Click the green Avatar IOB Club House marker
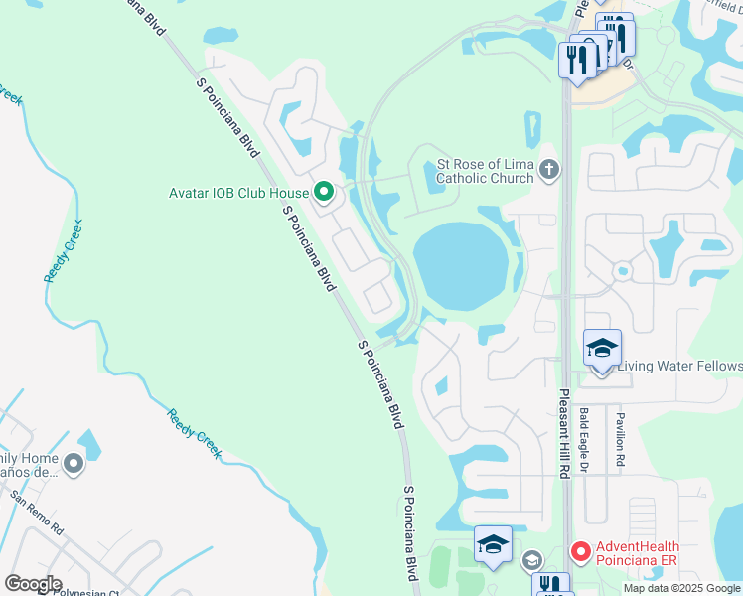323,192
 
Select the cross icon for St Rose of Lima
549,172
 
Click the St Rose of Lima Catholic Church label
486,172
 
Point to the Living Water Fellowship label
680,367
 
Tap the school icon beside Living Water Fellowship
602,349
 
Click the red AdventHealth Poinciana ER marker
580,549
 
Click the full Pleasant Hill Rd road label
563,434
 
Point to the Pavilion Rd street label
620,440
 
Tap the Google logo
33,584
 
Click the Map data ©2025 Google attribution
681,588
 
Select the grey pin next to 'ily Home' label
73,464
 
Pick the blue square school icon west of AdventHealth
493,544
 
